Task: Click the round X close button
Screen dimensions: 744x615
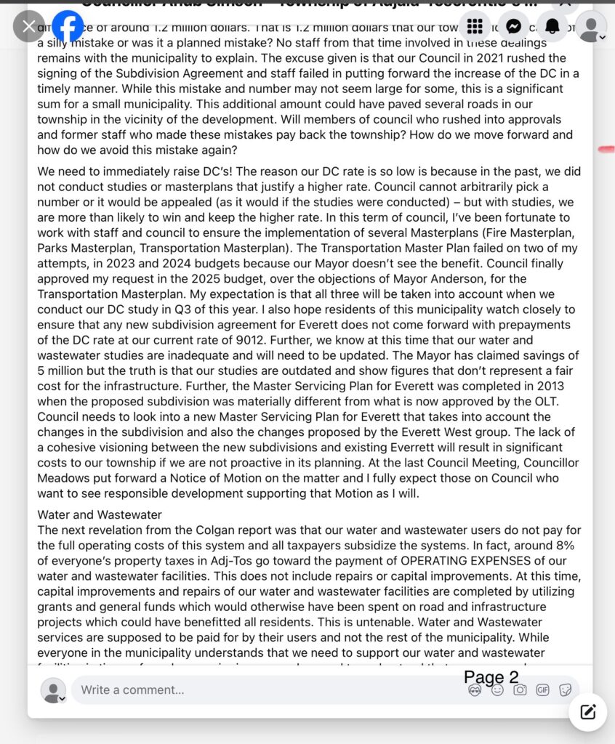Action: [x=28, y=27]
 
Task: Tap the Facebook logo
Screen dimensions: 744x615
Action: [x=68, y=27]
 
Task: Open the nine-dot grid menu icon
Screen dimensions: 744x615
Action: [x=475, y=27]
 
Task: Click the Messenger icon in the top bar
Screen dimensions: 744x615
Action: [x=513, y=27]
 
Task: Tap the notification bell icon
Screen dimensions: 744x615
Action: [x=552, y=27]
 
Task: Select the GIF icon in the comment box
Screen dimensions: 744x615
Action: [x=542, y=690]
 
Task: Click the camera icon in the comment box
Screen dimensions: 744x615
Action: [x=520, y=690]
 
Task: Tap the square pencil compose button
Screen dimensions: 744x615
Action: [x=587, y=711]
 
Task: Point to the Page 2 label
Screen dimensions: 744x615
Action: [x=491, y=677]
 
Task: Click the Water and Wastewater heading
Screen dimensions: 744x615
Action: [x=100, y=515]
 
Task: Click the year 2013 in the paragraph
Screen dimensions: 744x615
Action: [x=549, y=387]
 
